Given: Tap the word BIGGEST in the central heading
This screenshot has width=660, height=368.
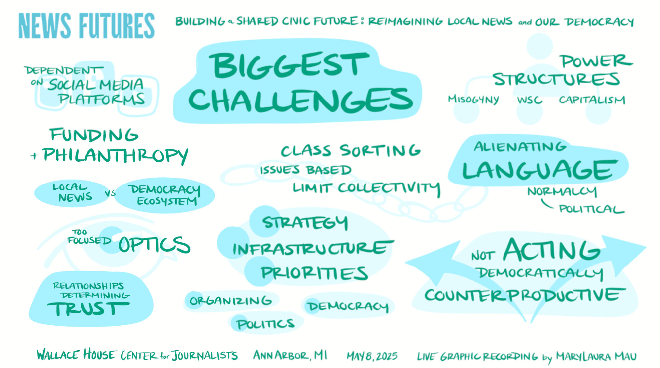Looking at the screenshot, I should click(x=290, y=65).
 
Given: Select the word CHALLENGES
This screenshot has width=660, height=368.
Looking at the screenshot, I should click(x=300, y=100).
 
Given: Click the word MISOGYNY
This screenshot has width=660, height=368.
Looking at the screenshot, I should click(x=473, y=100).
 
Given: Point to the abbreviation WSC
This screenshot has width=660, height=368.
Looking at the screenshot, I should click(x=530, y=100).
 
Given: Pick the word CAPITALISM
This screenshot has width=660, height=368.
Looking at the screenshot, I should click(x=592, y=100).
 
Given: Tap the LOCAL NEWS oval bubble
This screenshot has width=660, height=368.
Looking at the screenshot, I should click(x=71, y=193).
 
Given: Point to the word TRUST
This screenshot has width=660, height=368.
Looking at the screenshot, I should click(x=87, y=309).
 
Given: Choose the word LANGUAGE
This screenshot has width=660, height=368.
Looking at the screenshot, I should click(x=539, y=170).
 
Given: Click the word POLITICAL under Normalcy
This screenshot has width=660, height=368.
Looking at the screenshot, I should click(x=591, y=209).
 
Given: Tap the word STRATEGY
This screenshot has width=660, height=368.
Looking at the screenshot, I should click(x=305, y=223).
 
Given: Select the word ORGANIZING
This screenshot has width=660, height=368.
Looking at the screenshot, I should click(x=230, y=301).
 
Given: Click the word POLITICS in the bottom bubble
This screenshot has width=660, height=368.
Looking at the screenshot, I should click(x=265, y=324).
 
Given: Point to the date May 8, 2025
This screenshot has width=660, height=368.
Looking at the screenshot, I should click(x=372, y=356).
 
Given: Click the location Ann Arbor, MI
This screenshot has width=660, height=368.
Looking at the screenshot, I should click(x=290, y=355).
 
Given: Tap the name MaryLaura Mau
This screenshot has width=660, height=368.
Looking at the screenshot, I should click(x=596, y=356).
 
